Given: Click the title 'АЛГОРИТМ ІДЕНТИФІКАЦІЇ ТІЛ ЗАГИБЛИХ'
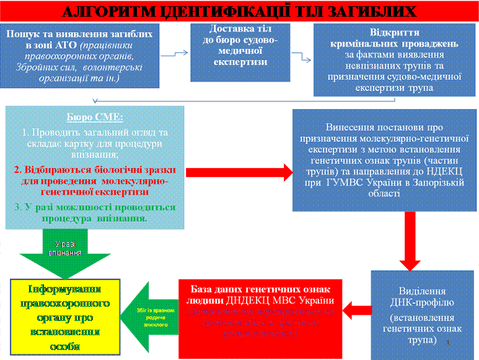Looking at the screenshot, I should click(x=239, y=11).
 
